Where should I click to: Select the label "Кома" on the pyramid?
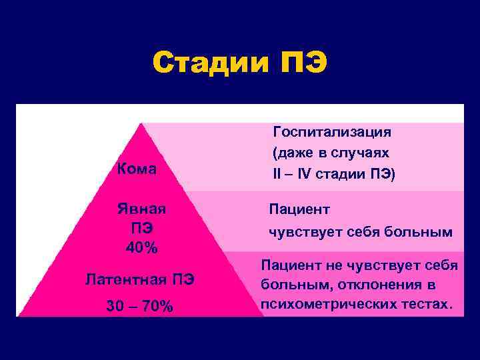137,169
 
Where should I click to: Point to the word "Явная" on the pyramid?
142,209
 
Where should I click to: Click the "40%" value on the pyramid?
142,248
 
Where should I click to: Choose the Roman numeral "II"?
277,174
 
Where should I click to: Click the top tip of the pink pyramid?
141,124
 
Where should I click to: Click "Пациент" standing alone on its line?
299,209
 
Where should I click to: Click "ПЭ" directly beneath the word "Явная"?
142,229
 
